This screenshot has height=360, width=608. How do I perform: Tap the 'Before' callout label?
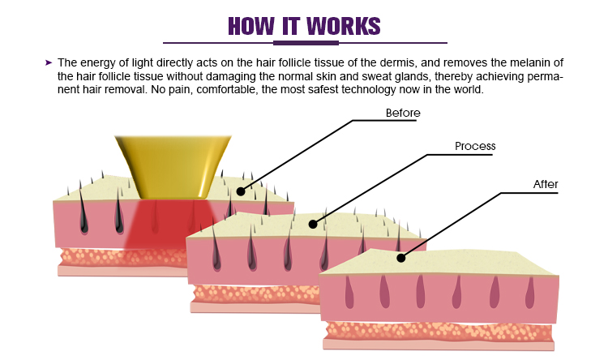coord(403,113)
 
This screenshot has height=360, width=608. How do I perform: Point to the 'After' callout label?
coord(546,184)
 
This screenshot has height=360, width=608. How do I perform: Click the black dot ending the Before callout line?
coord(241,191)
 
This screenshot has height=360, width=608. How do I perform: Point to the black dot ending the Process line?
coord(314,224)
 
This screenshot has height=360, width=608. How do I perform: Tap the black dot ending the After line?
coord(400,258)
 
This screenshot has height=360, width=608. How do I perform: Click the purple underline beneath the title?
coord(304,42)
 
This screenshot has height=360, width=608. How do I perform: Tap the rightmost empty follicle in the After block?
coord(529,292)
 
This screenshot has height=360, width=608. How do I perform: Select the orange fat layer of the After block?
coord(438,331)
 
